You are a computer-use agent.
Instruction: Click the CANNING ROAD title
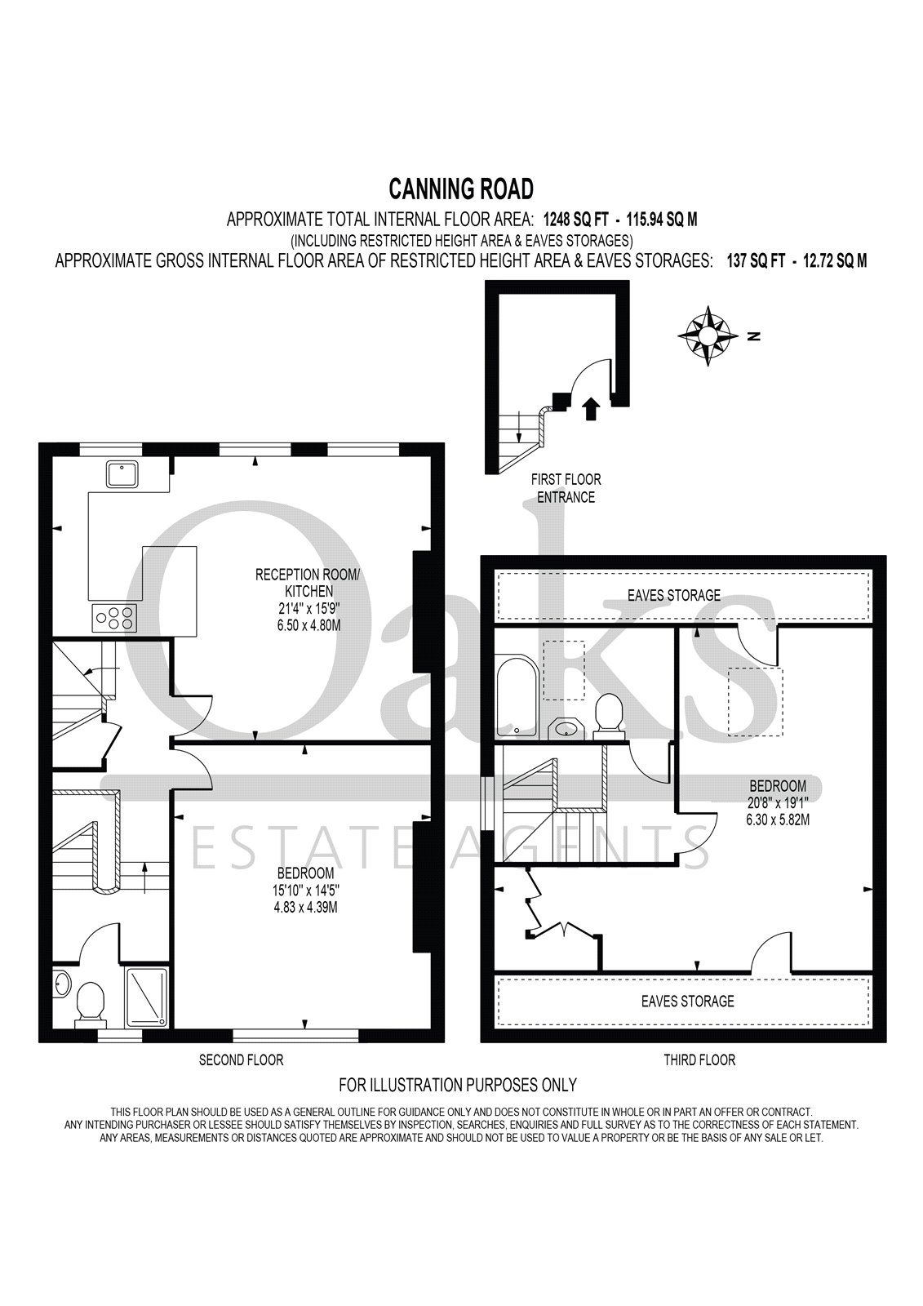coord(461,189)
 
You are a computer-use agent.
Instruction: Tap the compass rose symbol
coord(708,335)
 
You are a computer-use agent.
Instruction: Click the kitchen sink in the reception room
coord(122,473)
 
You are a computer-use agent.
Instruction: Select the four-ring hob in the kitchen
coord(114,617)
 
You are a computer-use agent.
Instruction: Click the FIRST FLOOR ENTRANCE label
coord(566,489)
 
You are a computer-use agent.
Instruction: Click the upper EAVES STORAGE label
coord(674,595)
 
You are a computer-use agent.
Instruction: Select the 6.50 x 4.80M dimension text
coord(307,626)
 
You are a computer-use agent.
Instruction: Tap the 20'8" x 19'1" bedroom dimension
coord(778,802)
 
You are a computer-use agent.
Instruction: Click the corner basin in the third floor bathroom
coord(563,727)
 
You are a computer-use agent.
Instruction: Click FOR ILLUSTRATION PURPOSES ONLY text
coord(458,1085)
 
